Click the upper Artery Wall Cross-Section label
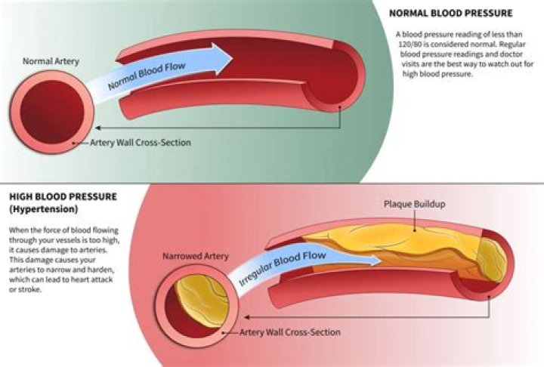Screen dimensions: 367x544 [x=140, y=142]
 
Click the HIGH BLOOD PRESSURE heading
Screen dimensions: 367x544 [x=58, y=196]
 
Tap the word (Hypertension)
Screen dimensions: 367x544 [x=34, y=208]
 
